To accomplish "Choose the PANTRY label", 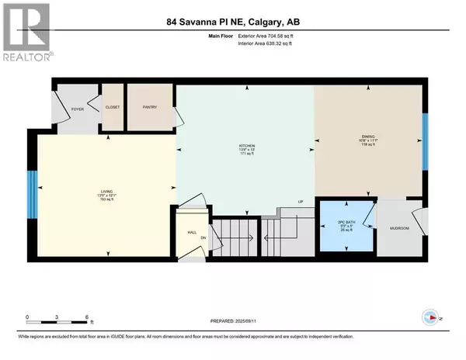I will pyautogui.click(x=150, y=107).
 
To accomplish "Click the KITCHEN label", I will pyautogui.click(x=247, y=144).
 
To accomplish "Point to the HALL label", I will pyautogui.click(x=192, y=230).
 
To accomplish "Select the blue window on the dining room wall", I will pyautogui.click(x=424, y=141).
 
